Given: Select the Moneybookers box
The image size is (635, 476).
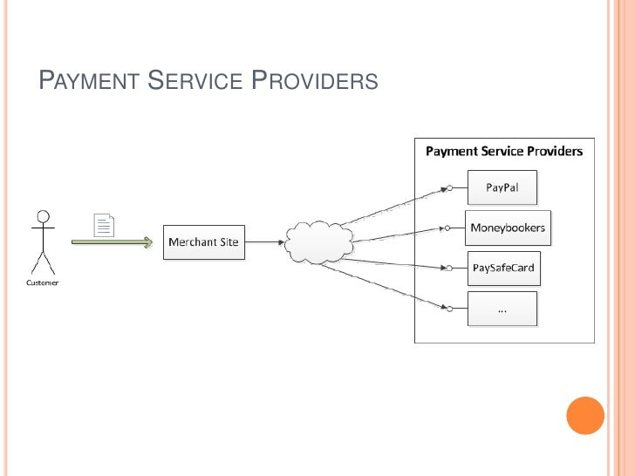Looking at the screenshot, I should click(507, 228).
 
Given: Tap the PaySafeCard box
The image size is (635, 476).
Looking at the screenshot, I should click(503, 268).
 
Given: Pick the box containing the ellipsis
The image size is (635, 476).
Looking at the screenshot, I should click(502, 309).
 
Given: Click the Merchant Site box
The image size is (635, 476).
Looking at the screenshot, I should click(203, 241).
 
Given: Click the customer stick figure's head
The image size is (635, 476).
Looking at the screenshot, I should click(42, 215).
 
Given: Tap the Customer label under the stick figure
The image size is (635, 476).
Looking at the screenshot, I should click(41, 282).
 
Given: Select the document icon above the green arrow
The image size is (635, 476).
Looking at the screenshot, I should click(104, 225).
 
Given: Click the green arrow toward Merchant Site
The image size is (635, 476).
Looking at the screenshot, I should click(111, 242).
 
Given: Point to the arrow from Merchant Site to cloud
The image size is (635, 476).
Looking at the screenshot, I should click(263, 241).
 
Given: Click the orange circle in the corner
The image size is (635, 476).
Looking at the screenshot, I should click(585, 415).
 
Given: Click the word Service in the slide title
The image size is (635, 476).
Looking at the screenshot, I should click(194, 83).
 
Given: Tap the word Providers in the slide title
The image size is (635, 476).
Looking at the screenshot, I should click(315, 83).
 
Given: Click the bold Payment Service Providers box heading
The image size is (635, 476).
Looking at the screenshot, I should click(503, 152).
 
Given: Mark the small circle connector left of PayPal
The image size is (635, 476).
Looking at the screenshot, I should click(447, 187).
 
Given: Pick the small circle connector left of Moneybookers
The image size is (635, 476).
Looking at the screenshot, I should click(447, 228).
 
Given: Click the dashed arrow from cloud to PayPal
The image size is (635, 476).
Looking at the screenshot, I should click(393, 207).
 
